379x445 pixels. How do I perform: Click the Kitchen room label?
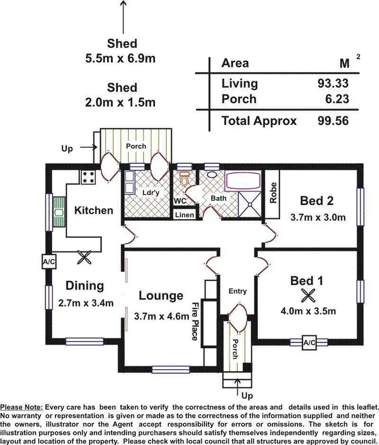coord(93,210)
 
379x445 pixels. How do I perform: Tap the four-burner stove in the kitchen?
coord(89,177)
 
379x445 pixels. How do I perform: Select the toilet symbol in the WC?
coord(184,178)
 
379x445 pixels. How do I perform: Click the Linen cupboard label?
coord(184,215)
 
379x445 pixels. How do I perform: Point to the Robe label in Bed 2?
coord(272,193)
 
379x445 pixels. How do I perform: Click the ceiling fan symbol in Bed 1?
coord(308,294)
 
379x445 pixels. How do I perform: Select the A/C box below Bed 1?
coord(309,342)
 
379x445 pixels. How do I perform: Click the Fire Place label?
coord(195,321)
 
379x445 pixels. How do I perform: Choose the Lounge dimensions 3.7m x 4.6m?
coord(162,316)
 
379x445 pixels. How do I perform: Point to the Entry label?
coord(238,291)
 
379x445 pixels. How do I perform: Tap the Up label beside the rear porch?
coord(67,149)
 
